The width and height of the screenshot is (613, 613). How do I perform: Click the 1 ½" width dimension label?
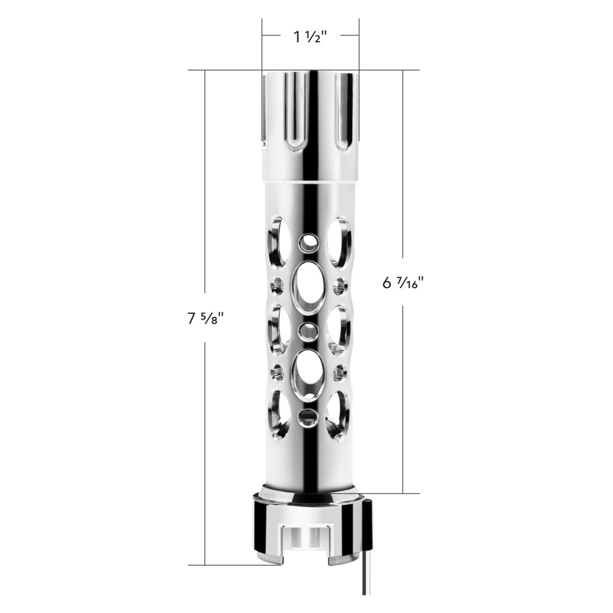310,37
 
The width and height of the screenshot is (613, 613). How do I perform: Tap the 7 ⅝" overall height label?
206,319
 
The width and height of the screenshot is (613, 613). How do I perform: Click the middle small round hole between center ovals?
308,331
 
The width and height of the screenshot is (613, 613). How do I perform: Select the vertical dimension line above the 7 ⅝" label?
205,189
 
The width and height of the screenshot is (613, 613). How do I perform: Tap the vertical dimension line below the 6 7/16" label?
403,398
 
